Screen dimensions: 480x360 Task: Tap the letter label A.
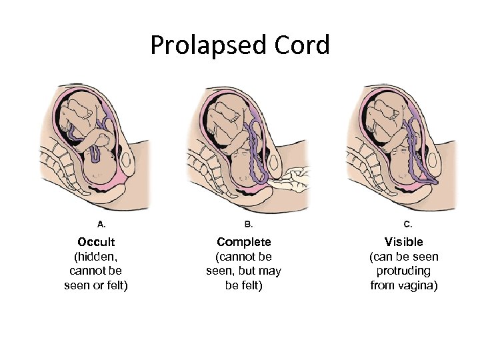pyautogui.click(x=102, y=224)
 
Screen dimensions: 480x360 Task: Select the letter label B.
pyautogui.click(x=249, y=224)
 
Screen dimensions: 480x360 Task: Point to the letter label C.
pyautogui.click(x=408, y=224)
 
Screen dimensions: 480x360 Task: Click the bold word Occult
pyautogui.click(x=96, y=241)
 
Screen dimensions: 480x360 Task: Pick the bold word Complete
pyautogui.click(x=244, y=241)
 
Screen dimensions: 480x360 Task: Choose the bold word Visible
pyautogui.click(x=403, y=241)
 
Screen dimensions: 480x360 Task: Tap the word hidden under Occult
pyautogui.click(x=97, y=256)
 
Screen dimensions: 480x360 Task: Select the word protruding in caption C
pyautogui.click(x=403, y=271)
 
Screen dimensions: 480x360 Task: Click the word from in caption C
pyautogui.click(x=383, y=285)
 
